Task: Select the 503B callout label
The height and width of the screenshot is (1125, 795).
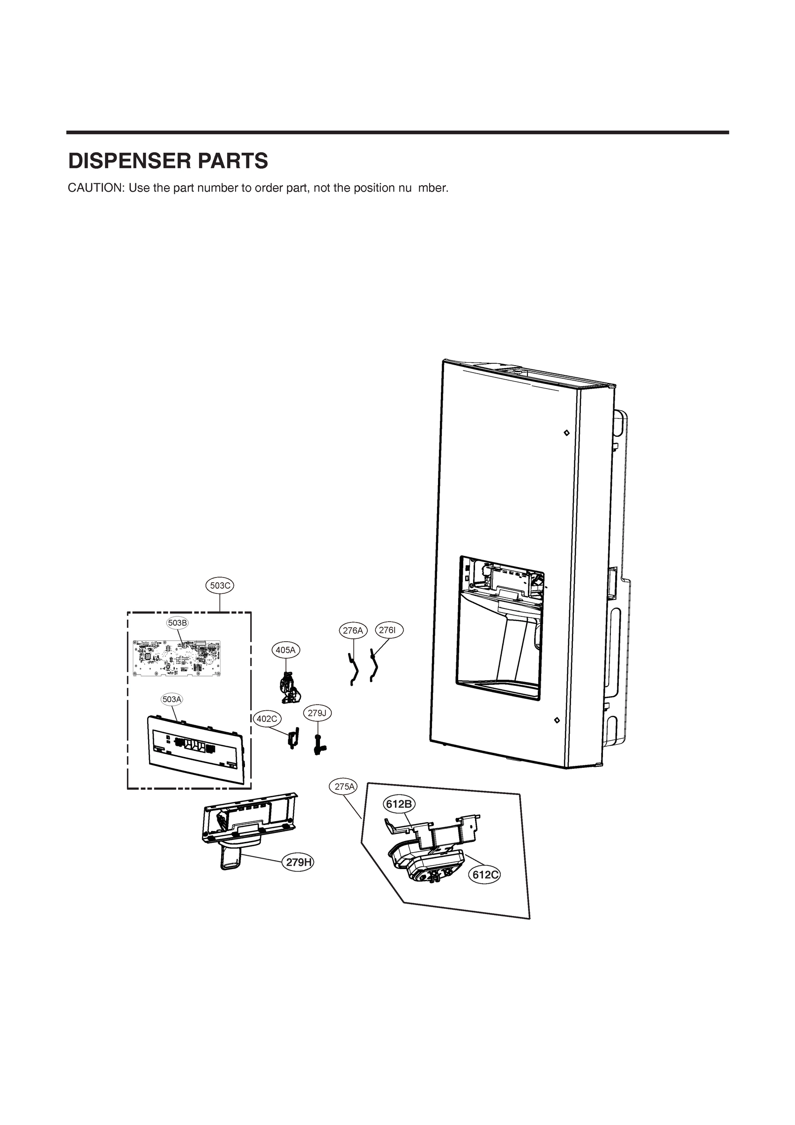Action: pos(178,623)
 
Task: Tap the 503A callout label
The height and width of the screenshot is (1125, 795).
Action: pos(172,699)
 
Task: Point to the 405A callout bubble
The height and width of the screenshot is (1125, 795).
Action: pos(286,650)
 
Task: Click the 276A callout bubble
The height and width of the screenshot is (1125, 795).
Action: pos(353,630)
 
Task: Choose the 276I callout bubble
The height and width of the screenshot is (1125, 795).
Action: pos(388,630)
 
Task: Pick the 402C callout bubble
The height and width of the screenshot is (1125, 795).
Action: pos(267,719)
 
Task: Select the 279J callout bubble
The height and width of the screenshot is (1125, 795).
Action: pos(317,713)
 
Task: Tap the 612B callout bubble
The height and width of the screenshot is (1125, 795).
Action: pos(399,804)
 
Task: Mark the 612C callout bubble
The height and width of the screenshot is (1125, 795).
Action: pos(485,875)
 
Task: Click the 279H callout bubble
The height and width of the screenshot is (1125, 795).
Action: pos(298,862)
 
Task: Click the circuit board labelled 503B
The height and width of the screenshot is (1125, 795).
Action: pos(177,659)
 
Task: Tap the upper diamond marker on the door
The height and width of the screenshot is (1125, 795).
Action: pos(566,433)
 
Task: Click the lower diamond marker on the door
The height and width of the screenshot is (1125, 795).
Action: pos(557,720)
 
